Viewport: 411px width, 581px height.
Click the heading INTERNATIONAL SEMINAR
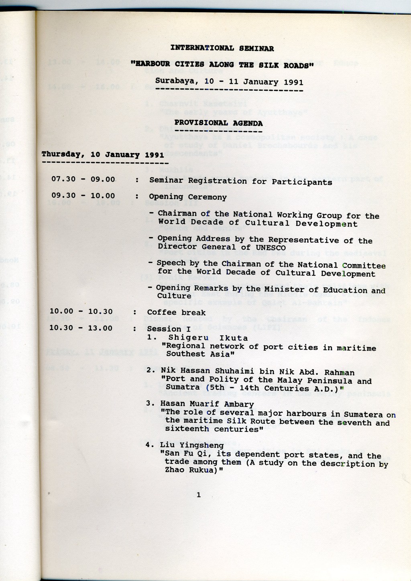tap(222, 48)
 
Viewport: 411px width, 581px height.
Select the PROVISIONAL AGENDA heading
tap(218, 123)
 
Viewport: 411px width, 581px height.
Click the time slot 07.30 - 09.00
tap(83, 179)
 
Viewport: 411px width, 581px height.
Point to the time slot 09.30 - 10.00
tap(83, 196)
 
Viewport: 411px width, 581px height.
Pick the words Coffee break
tap(176, 312)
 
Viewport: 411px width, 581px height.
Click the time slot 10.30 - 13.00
tap(81, 328)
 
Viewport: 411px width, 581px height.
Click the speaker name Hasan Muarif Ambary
tap(207, 404)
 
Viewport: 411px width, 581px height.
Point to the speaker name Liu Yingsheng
tap(192, 445)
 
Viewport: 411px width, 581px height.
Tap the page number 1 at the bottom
tap(198, 495)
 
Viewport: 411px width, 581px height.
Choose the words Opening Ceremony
tap(188, 197)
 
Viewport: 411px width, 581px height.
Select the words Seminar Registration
tap(198, 181)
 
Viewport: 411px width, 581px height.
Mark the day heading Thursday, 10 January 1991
tap(103, 154)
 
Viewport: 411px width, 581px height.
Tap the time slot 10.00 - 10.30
tap(81, 311)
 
